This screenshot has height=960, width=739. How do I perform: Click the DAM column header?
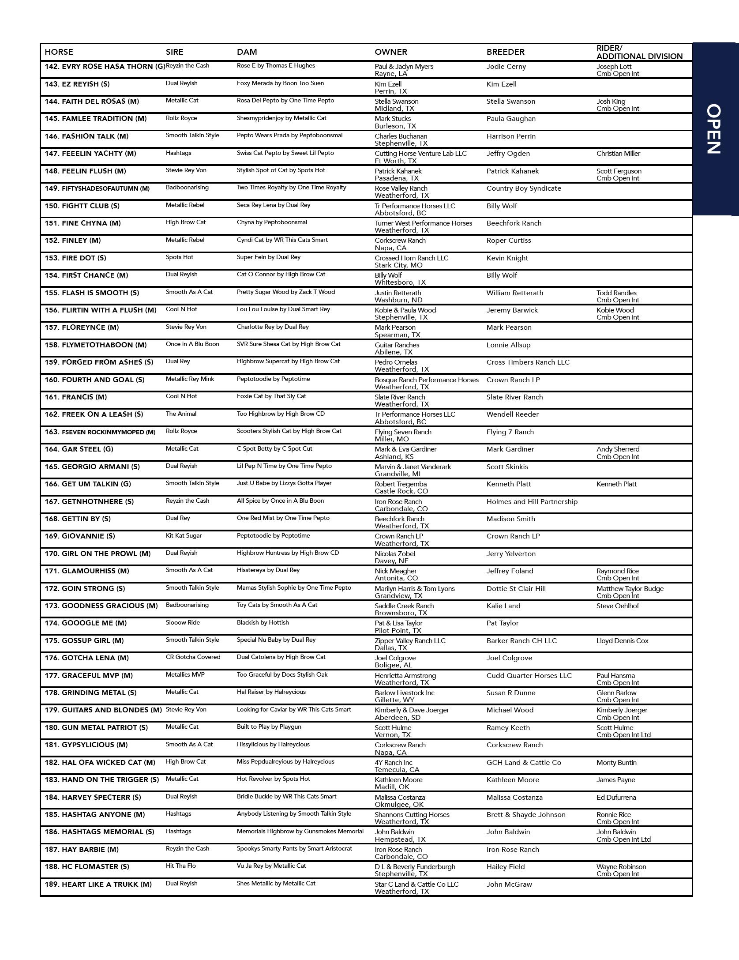[x=247, y=52]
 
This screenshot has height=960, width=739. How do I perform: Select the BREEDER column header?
[x=505, y=52]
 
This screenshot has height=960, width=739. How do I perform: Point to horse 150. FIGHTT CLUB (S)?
[x=82, y=206]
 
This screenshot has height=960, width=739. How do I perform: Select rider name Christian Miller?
[x=618, y=154]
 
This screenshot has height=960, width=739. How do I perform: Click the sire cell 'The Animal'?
[x=181, y=414]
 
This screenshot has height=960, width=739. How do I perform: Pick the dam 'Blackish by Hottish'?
[x=263, y=622]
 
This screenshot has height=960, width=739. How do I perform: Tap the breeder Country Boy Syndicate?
[x=524, y=188]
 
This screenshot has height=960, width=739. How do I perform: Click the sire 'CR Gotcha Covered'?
[x=193, y=657]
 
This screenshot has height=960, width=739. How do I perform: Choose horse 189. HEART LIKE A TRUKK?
[x=98, y=884]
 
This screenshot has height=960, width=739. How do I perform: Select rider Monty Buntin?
[x=616, y=762]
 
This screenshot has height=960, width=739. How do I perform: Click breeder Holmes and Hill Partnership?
[x=532, y=501]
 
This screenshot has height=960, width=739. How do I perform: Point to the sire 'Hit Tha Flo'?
[x=180, y=866]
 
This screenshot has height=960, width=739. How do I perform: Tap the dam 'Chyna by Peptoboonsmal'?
[x=272, y=222]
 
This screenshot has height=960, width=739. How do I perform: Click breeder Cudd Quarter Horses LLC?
[x=529, y=675]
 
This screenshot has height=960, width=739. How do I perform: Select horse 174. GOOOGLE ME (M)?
[x=86, y=623]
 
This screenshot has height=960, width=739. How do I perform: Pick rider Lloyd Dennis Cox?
[x=623, y=640]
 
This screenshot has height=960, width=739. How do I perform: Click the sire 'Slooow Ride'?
[x=183, y=622]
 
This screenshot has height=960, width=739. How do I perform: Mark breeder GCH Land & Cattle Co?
[x=524, y=762]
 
